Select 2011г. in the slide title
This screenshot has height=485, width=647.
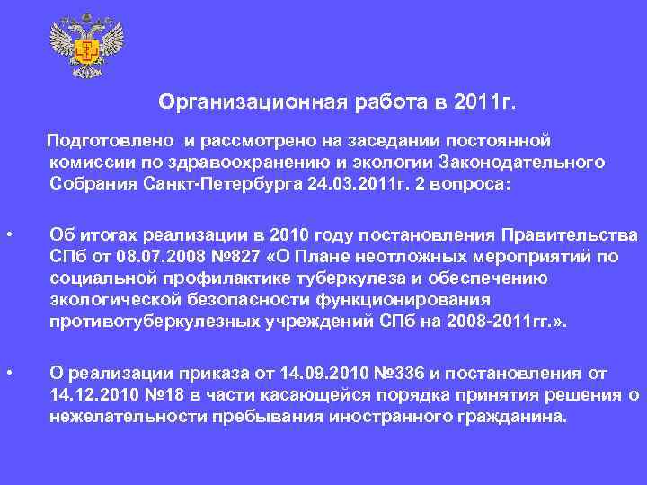tap(481, 101)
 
